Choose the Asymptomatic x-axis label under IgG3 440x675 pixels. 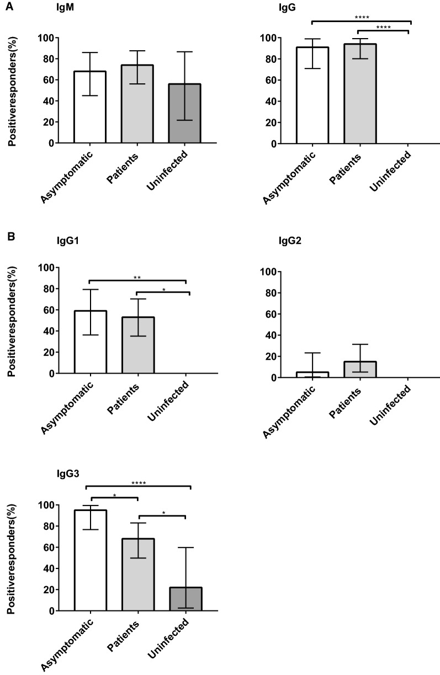(x=72, y=644)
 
